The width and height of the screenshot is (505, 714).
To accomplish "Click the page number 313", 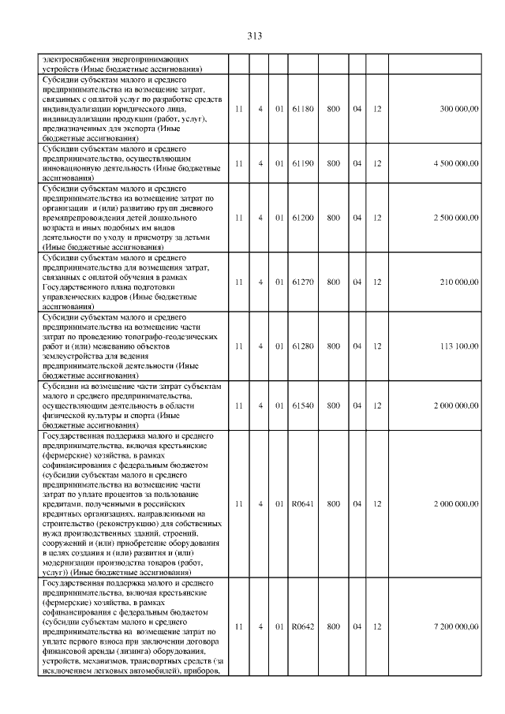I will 253,36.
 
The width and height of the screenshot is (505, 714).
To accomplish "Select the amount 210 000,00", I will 458,282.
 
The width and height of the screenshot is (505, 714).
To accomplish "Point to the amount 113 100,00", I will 458,346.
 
